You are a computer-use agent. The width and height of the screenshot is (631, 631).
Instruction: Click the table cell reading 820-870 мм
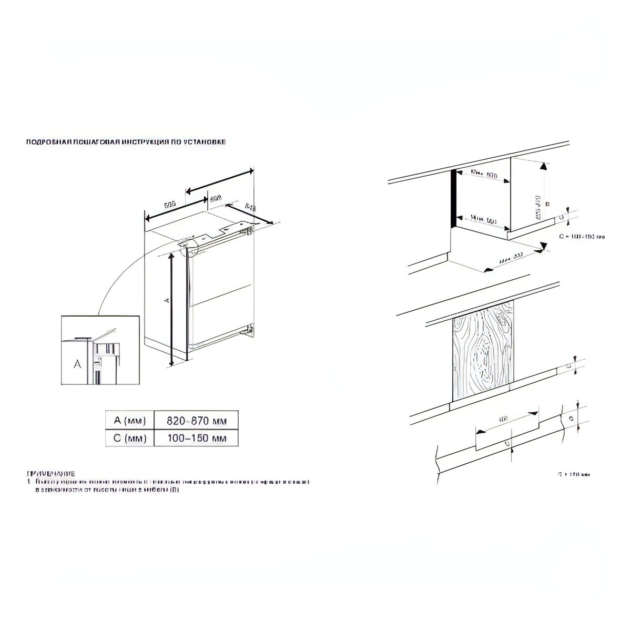[x=196, y=421]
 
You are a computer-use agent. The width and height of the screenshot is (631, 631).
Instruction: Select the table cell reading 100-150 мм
[x=196, y=438]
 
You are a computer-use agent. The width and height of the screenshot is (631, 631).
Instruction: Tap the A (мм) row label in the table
[x=129, y=421]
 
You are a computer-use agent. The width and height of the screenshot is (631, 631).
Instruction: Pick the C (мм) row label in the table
[x=129, y=438]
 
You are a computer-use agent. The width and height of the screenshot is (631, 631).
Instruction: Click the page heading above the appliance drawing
[x=126, y=142]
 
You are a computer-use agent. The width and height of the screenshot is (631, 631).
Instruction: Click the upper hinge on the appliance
[x=247, y=229]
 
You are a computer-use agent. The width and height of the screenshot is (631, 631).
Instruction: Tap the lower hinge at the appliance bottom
[x=248, y=330]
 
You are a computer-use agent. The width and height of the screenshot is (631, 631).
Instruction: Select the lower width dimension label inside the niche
[x=483, y=219]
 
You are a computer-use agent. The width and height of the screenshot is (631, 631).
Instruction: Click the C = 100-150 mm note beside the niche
[x=582, y=237]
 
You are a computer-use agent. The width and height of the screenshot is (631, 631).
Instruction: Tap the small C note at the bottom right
[x=574, y=474]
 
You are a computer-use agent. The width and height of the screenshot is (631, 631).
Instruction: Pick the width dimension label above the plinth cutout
[x=503, y=419]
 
